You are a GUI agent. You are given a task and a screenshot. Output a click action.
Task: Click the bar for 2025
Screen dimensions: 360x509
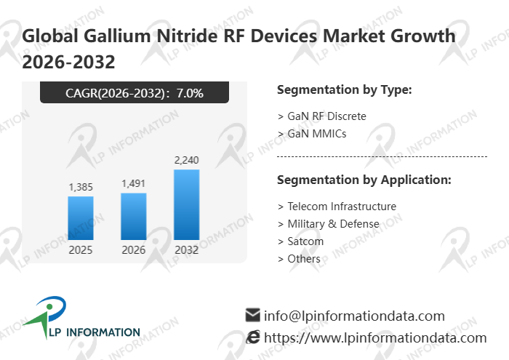click(x=81, y=217)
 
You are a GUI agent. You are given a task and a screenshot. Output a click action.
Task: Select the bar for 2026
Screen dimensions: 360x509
click(x=134, y=216)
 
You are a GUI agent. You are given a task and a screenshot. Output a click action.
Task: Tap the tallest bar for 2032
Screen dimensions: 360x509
click(x=187, y=204)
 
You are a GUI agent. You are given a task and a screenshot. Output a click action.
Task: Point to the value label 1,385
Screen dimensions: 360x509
click(x=81, y=188)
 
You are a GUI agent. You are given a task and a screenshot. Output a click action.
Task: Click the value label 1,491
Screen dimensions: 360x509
click(x=134, y=184)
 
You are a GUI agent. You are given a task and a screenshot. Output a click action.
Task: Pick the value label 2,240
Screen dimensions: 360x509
click(x=187, y=160)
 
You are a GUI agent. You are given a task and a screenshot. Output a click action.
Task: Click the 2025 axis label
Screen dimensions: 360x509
click(x=81, y=250)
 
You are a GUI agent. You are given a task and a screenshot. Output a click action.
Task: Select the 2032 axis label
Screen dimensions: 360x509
click(x=187, y=250)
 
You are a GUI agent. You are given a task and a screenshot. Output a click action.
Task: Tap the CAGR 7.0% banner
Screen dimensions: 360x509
click(x=135, y=92)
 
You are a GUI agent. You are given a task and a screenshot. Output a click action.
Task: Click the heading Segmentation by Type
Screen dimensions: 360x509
click(x=345, y=90)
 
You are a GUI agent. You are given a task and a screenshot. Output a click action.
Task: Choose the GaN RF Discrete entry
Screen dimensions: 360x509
click(x=322, y=116)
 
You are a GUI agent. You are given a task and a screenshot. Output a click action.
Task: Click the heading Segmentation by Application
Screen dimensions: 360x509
click(x=364, y=180)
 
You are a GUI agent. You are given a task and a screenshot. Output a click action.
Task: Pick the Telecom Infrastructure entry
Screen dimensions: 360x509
click(x=337, y=207)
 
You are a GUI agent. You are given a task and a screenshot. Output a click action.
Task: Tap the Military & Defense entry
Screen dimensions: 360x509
click(x=328, y=224)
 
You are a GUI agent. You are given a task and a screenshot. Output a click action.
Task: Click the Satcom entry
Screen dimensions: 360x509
click(x=300, y=241)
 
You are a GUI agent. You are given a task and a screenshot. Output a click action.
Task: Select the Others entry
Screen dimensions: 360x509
click(x=299, y=259)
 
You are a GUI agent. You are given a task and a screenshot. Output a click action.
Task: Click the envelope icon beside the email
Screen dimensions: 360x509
click(x=253, y=316)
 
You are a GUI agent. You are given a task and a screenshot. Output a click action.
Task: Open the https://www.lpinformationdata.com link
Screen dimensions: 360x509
click(x=375, y=337)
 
